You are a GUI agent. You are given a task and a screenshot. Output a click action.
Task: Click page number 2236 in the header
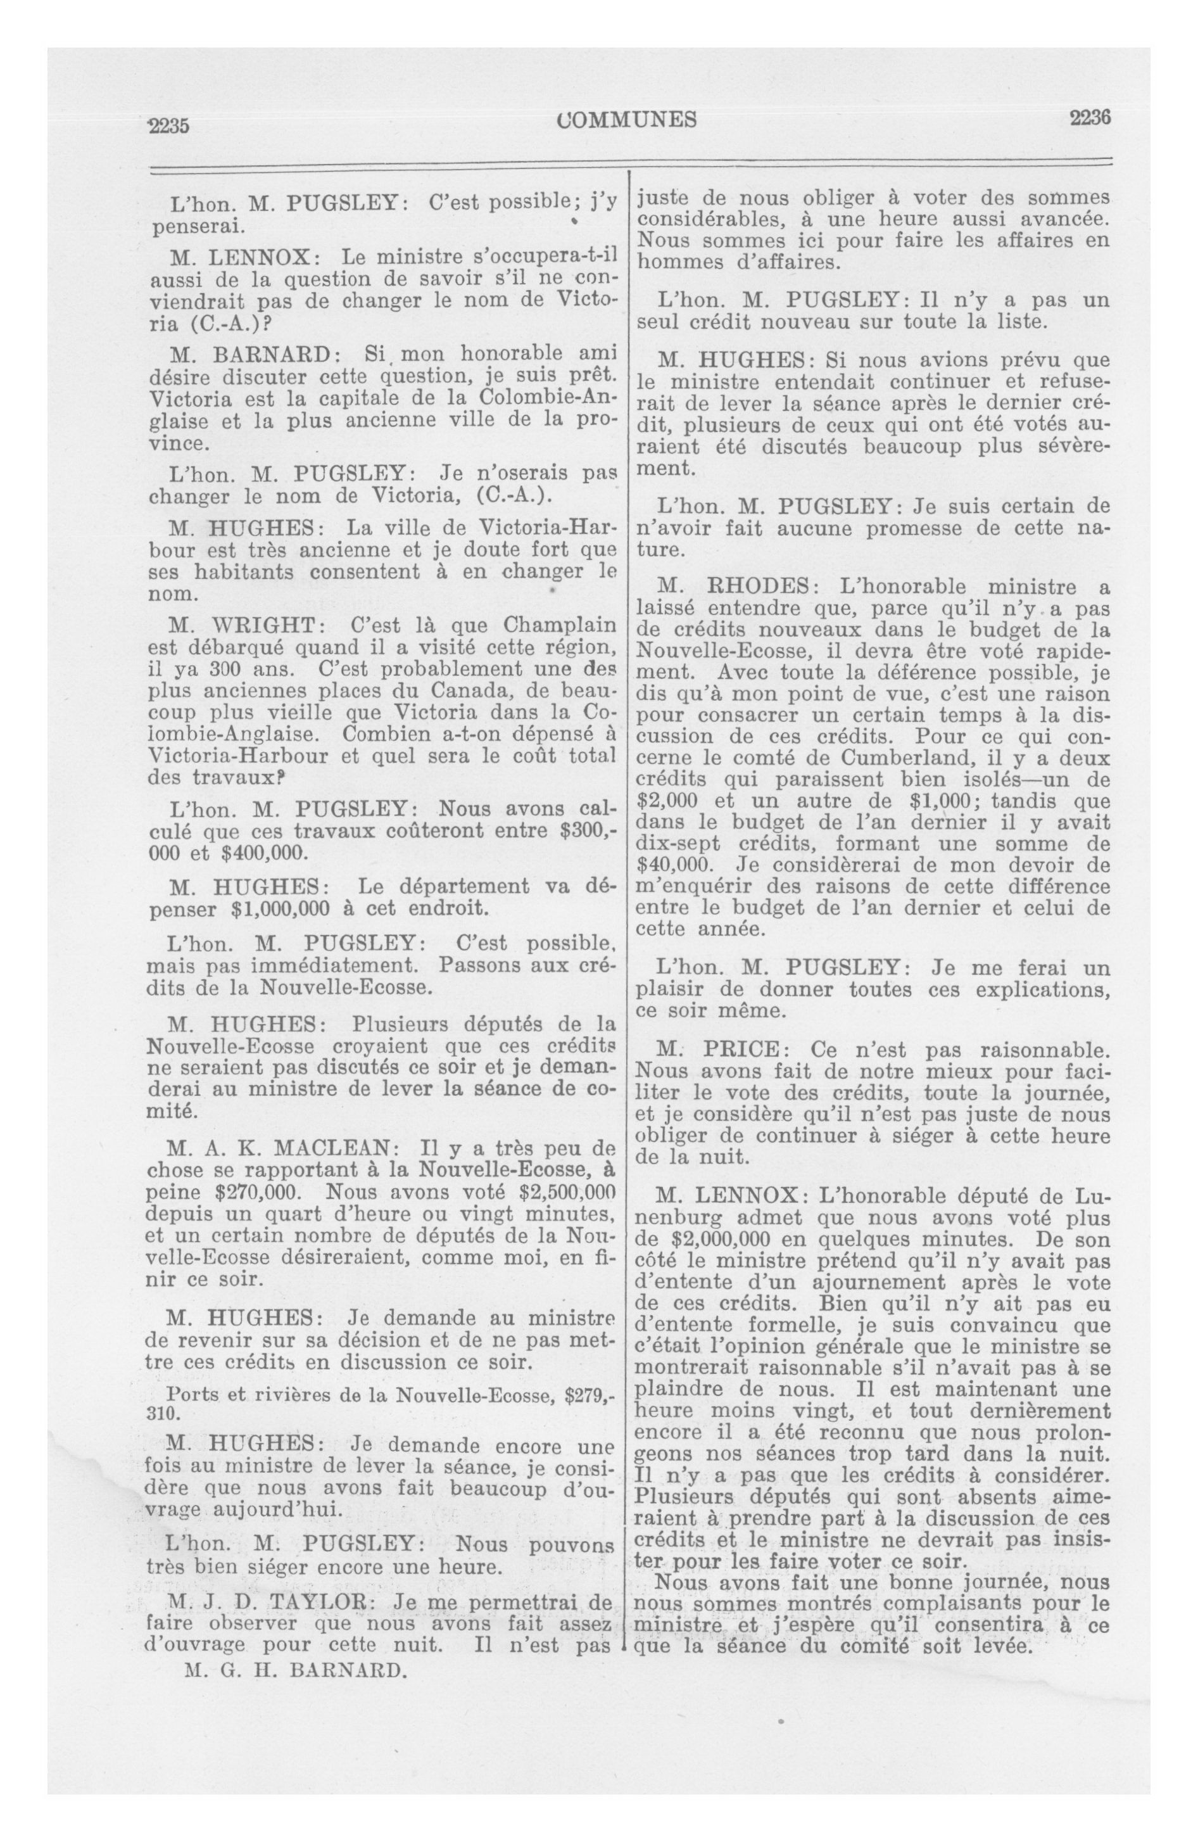point(1090,118)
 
